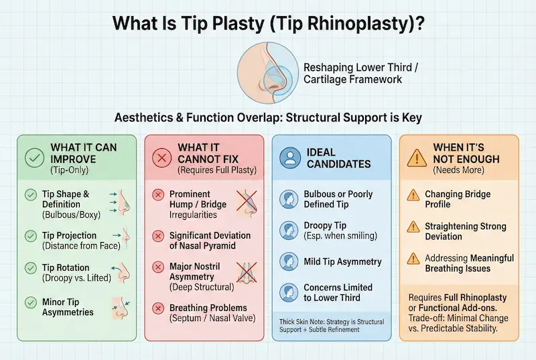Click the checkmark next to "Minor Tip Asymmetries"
coord(30,301)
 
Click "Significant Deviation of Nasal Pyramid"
coord(210,241)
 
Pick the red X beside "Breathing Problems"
coord(158,308)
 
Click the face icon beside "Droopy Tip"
coord(288,229)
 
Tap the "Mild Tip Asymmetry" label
coord(342,261)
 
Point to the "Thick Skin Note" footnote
coord(332,325)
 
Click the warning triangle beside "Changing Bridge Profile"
coord(413,195)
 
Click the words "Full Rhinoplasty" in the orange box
coord(476,297)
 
